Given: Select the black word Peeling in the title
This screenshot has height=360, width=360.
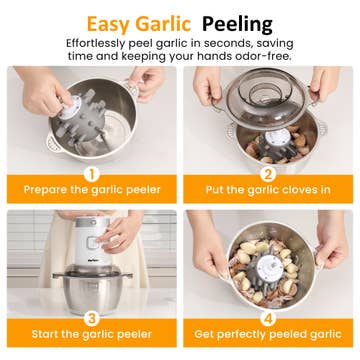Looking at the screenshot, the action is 237,25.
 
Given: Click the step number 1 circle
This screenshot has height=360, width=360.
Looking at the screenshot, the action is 92,174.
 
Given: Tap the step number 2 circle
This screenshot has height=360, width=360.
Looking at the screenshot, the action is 268,174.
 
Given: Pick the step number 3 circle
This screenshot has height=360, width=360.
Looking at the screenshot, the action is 92,318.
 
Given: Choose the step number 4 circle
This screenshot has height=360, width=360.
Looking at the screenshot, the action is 268,318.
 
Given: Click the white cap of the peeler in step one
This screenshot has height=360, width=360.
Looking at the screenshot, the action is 70,107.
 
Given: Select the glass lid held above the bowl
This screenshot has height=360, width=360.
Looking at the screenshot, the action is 265,98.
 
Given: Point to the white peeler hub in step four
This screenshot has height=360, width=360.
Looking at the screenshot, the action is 269,269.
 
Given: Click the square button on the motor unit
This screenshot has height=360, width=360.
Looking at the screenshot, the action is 91,242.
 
